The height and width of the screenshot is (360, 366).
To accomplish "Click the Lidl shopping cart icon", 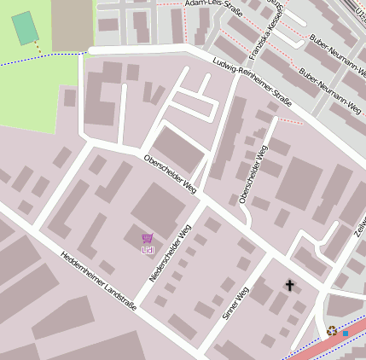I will (148, 239).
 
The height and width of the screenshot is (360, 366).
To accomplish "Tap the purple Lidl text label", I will (148, 250).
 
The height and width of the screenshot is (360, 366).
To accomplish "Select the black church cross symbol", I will (289, 285).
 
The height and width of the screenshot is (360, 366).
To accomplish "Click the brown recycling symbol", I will (331, 330).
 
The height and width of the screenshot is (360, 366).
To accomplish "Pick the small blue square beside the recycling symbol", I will (345, 333).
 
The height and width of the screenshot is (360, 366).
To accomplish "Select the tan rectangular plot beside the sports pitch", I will (72, 24).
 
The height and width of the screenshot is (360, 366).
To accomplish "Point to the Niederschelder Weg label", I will (170, 253).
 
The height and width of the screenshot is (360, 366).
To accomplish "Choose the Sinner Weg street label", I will (235, 303).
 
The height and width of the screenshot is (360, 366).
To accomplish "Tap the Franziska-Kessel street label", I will (265, 38).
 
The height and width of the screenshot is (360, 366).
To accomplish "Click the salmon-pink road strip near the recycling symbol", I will (320, 345).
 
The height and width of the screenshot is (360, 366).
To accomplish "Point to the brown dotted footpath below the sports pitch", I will (38, 49).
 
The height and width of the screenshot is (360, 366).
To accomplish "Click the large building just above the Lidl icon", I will (158, 207).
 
